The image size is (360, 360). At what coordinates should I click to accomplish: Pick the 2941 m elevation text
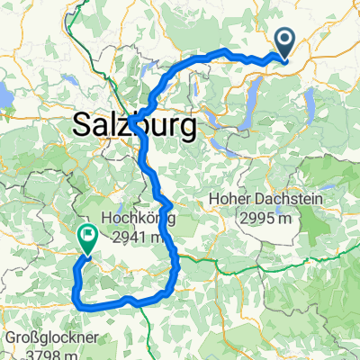point(138,237)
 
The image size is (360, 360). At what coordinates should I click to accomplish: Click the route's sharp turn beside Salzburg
point(131,119)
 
